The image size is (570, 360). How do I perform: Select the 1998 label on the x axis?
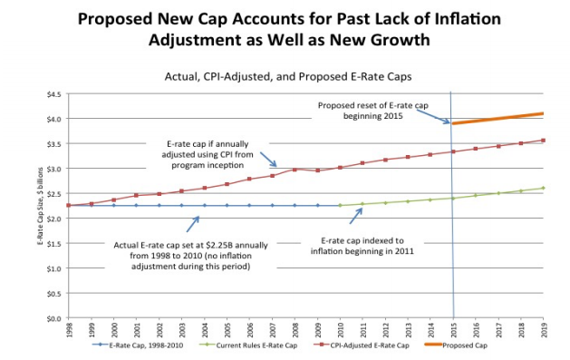tap(69, 331)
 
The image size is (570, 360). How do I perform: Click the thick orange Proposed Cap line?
tap(498, 119)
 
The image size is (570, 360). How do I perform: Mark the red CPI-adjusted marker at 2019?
tap(542, 141)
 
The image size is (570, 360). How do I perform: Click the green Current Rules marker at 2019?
tap(542, 189)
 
